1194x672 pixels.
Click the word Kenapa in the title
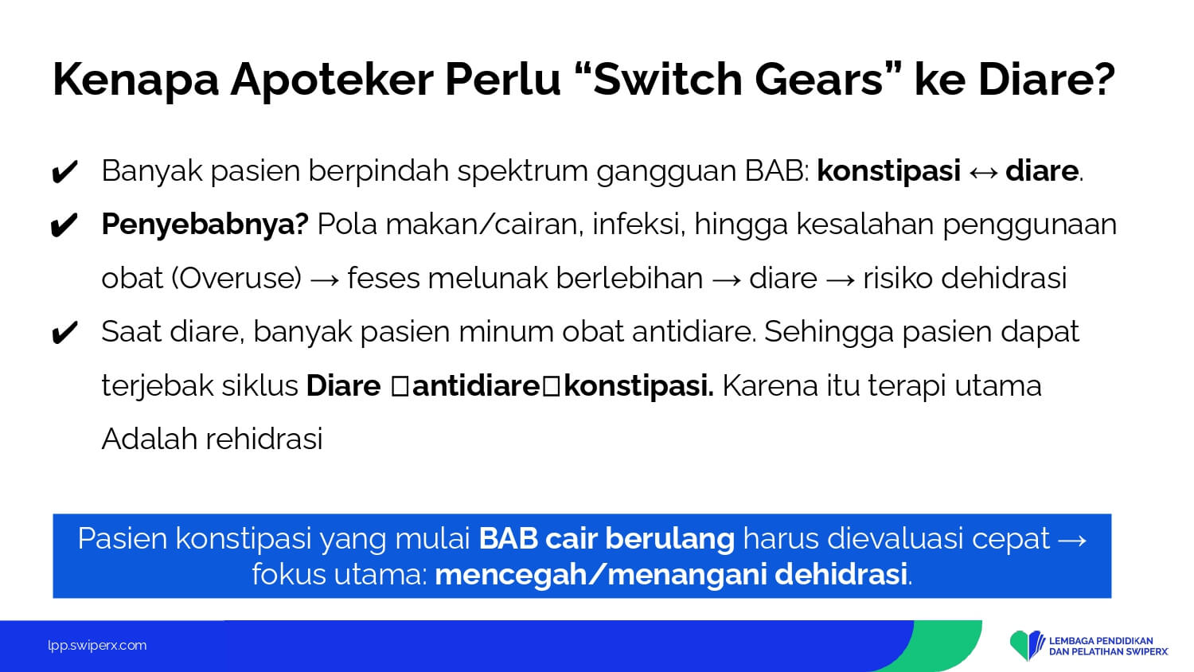coord(136,80)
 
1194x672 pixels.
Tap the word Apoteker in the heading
coord(332,80)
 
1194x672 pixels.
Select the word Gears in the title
coord(820,79)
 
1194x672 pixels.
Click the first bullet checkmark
coord(64,172)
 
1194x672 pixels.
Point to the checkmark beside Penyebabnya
coord(64,225)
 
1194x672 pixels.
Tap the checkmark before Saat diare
coord(64,334)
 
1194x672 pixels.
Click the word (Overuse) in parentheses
coord(236,279)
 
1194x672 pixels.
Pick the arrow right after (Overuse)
coord(325,280)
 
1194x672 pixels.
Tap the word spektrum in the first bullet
coord(522,172)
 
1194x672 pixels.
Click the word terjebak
coord(158,385)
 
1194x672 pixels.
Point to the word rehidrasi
coord(264,439)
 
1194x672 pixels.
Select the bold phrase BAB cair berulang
coord(607,538)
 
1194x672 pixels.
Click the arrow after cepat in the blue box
coord(1072,540)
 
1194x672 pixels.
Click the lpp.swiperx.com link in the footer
coord(97,646)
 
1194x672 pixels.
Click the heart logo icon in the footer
coord(1027,645)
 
